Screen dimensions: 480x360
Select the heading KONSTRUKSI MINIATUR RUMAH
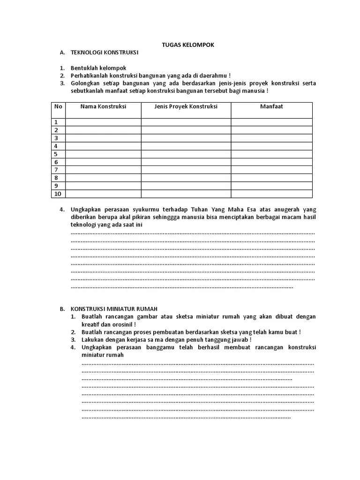point(114,309)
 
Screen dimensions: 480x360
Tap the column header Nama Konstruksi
point(103,106)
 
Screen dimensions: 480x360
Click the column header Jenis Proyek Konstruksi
point(186,106)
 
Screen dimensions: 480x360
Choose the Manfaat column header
point(271,106)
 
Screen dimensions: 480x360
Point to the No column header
point(58,106)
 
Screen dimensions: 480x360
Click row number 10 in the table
point(58,194)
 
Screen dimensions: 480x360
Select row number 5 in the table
point(56,154)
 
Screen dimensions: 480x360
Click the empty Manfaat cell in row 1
point(271,122)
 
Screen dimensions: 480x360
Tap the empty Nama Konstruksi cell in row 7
point(103,170)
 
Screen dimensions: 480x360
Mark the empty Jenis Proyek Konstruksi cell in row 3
point(186,138)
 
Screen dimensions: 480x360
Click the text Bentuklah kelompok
point(98,68)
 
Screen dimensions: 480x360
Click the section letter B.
point(61,309)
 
